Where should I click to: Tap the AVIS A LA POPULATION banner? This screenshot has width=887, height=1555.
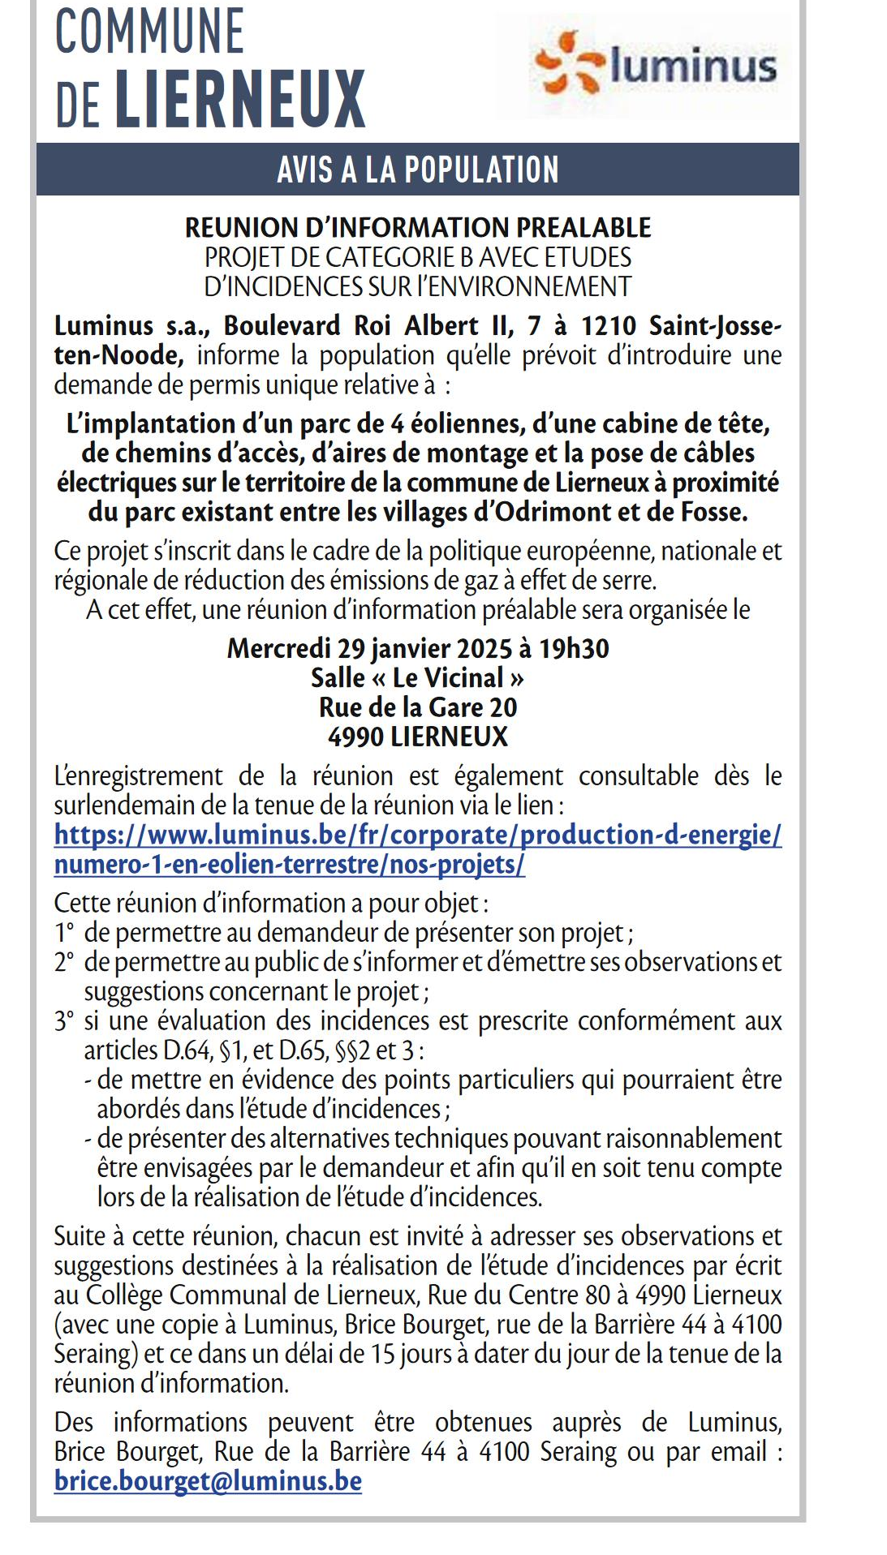point(417,170)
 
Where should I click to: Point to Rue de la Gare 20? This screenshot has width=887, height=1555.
point(417,707)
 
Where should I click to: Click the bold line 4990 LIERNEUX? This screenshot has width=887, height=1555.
point(417,737)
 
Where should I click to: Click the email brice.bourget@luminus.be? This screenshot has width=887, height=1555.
point(208,1480)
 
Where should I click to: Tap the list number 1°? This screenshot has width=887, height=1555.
point(64,933)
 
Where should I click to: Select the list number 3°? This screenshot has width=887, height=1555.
point(64,1020)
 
